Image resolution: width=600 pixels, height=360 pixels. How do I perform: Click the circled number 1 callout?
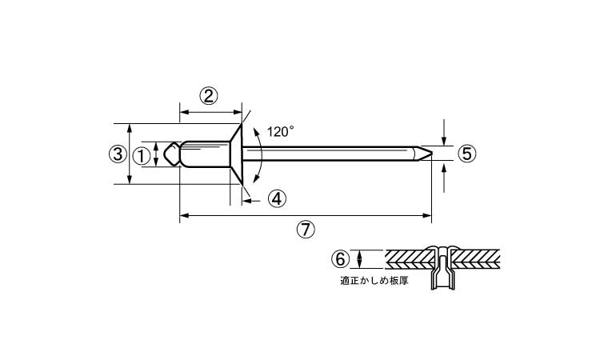pos(140,155)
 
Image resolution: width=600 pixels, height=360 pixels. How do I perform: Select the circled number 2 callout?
pos(208,97)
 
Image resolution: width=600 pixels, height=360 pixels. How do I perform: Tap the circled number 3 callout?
pos(117,154)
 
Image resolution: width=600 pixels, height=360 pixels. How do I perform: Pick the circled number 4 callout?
pos(276,198)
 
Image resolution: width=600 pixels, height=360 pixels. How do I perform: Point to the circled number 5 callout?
pos(467,154)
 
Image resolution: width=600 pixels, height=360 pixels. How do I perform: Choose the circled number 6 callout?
pos(341,258)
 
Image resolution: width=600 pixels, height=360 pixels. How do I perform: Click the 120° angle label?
pos(281,131)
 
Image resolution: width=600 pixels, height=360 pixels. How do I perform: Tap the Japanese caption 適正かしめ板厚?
pos(369,282)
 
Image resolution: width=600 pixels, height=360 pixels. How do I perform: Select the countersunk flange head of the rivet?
pos(235,154)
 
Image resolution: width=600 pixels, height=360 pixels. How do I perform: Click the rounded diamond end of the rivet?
pos(170,154)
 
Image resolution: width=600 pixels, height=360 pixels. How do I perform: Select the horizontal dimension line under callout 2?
pos(210,111)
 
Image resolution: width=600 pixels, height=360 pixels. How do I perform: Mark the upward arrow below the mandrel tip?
pos(444,176)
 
